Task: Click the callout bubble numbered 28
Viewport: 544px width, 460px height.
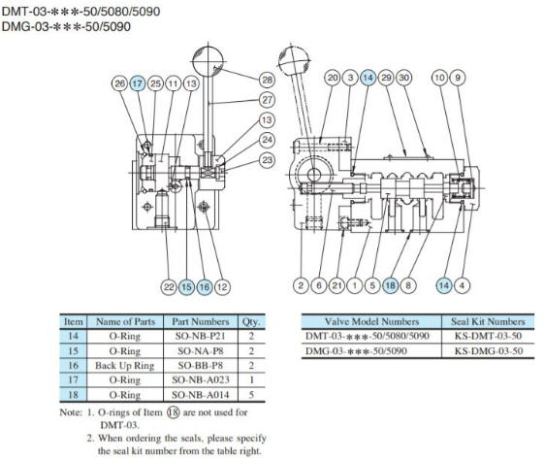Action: [267, 79]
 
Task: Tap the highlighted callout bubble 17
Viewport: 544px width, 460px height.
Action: [138, 84]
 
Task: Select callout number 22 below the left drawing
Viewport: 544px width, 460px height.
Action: [169, 286]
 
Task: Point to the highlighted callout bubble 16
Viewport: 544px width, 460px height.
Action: [204, 286]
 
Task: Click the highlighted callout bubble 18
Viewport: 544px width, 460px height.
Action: [390, 286]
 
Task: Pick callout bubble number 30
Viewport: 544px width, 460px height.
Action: [403, 77]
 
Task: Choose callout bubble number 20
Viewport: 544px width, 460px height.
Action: [332, 77]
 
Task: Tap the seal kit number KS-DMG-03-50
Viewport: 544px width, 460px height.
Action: [490, 350]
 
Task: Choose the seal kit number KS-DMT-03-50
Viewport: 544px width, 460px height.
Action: [490, 336]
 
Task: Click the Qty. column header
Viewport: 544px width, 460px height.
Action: [250, 320]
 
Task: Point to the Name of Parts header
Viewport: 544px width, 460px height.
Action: [125, 320]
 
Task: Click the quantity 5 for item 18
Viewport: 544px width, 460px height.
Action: [250, 395]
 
